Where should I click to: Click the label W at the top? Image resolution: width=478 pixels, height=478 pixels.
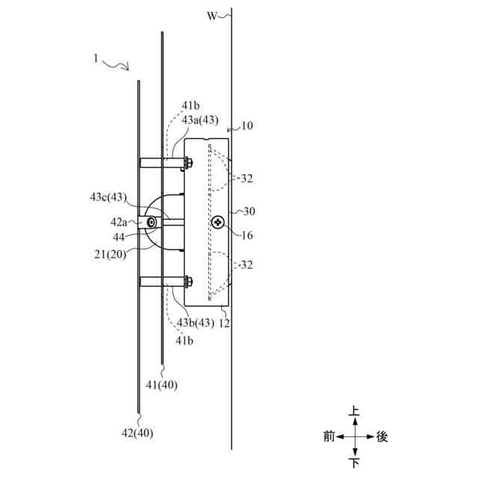[212, 15]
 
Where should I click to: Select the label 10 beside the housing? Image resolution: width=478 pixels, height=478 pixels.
[246, 125]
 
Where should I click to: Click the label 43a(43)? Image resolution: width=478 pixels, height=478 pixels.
[200, 119]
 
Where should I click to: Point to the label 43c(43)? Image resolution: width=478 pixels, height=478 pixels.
[108, 198]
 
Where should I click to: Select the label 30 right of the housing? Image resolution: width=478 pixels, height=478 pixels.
[249, 211]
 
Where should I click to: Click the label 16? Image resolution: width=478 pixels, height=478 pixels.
[247, 235]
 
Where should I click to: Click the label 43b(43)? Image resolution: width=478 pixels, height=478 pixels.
[196, 323]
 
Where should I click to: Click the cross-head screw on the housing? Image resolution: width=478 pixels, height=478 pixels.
[218, 222]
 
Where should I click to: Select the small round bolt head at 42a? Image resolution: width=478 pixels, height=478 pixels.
[152, 223]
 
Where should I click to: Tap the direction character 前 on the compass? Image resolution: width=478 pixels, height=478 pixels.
[329, 437]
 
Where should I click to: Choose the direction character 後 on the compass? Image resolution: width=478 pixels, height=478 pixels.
[382, 437]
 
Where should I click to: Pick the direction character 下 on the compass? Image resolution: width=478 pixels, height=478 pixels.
[355, 463]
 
